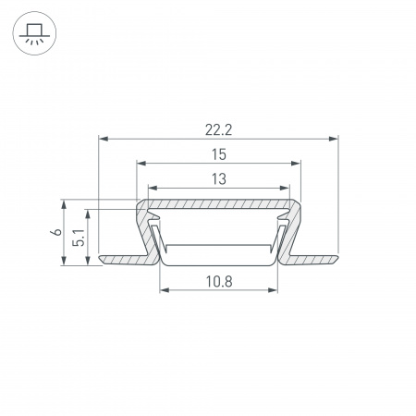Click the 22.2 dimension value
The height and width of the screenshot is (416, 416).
(x=218, y=130)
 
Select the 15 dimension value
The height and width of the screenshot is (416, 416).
(x=219, y=154)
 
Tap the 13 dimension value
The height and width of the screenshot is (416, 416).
(x=219, y=179)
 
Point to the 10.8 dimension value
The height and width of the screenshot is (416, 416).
(x=219, y=282)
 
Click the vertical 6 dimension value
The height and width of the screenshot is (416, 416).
(x=57, y=232)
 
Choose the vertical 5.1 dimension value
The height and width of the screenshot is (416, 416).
(x=79, y=238)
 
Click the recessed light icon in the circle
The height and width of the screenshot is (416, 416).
(x=34, y=33)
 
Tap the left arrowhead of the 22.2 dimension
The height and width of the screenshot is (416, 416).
(x=103, y=139)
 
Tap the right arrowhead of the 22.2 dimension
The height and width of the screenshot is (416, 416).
(x=334, y=139)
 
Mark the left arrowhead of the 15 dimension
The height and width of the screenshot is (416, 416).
(x=141, y=164)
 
